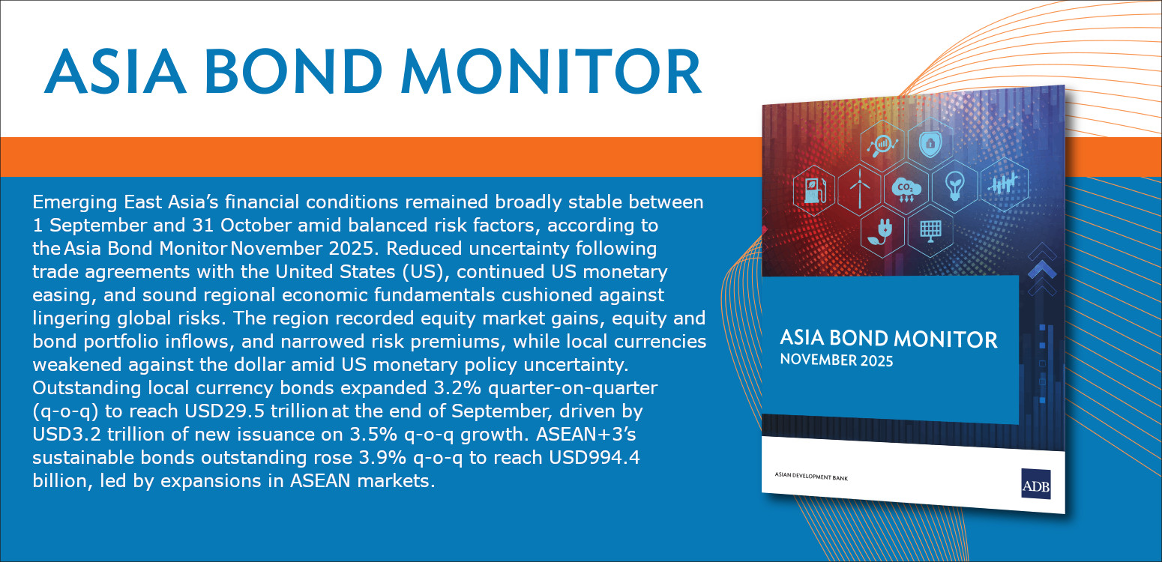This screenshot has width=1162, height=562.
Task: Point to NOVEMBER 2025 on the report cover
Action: (836, 360)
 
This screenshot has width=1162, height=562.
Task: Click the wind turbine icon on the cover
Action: (860, 188)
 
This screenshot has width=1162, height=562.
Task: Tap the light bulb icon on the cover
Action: (954, 186)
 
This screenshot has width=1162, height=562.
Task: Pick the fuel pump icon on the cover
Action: (814, 190)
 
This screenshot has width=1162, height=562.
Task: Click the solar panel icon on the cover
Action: (930, 231)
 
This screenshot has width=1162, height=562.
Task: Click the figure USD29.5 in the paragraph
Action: (225, 411)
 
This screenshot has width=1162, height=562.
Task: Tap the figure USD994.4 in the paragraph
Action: (594, 458)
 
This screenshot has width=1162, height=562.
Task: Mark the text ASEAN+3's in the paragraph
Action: (585, 435)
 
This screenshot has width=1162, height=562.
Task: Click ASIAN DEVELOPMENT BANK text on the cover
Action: (811, 477)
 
